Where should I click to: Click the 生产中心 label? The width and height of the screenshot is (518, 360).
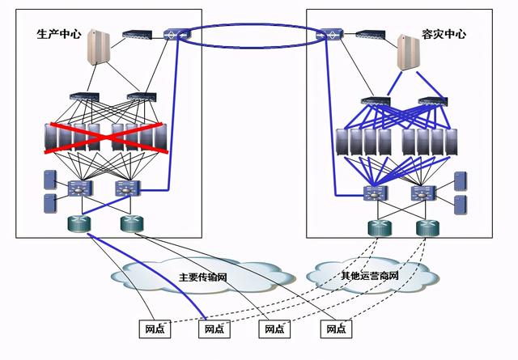pyautogui.click(x=58, y=35)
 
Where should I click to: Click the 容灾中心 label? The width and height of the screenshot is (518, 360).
pyautogui.click(x=444, y=35)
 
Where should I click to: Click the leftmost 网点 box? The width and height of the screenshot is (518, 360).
pyautogui.click(x=154, y=329)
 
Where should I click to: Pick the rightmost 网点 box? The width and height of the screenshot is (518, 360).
pyautogui.click(x=333, y=329)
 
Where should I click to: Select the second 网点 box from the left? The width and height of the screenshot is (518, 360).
pyautogui.click(x=213, y=329)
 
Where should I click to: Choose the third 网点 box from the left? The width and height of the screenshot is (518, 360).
pyautogui.click(x=273, y=329)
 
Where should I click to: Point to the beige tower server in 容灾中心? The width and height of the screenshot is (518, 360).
pyautogui.click(x=410, y=51)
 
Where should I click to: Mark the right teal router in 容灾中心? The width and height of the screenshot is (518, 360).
pyautogui.click(x=424, y=227)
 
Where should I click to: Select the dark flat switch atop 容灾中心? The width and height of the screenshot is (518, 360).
pyautogui.click(x=367, y=36)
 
